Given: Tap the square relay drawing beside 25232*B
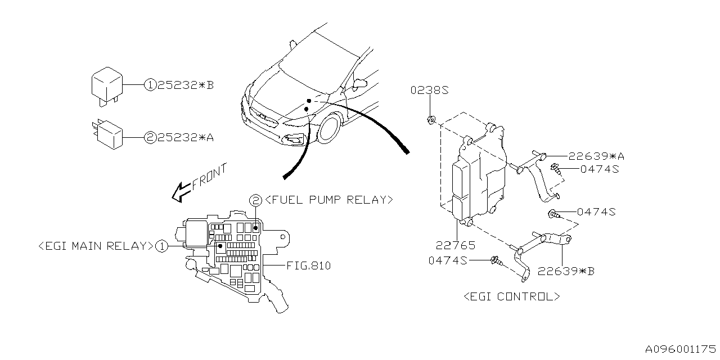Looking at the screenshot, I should click(x=106, y=86).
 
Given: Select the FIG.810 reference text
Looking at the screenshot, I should click(x=308, y=265).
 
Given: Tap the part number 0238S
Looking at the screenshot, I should click(x=429, y=90).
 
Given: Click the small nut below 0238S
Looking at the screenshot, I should click(x=430, y=119).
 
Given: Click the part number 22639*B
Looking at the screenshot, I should click(x=565, y=271).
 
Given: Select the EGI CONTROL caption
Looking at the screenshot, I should click(x=511, y=296).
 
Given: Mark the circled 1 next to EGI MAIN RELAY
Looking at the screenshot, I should click(x=161, y=246).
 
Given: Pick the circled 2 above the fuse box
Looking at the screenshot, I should click(x=255, y=200).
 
